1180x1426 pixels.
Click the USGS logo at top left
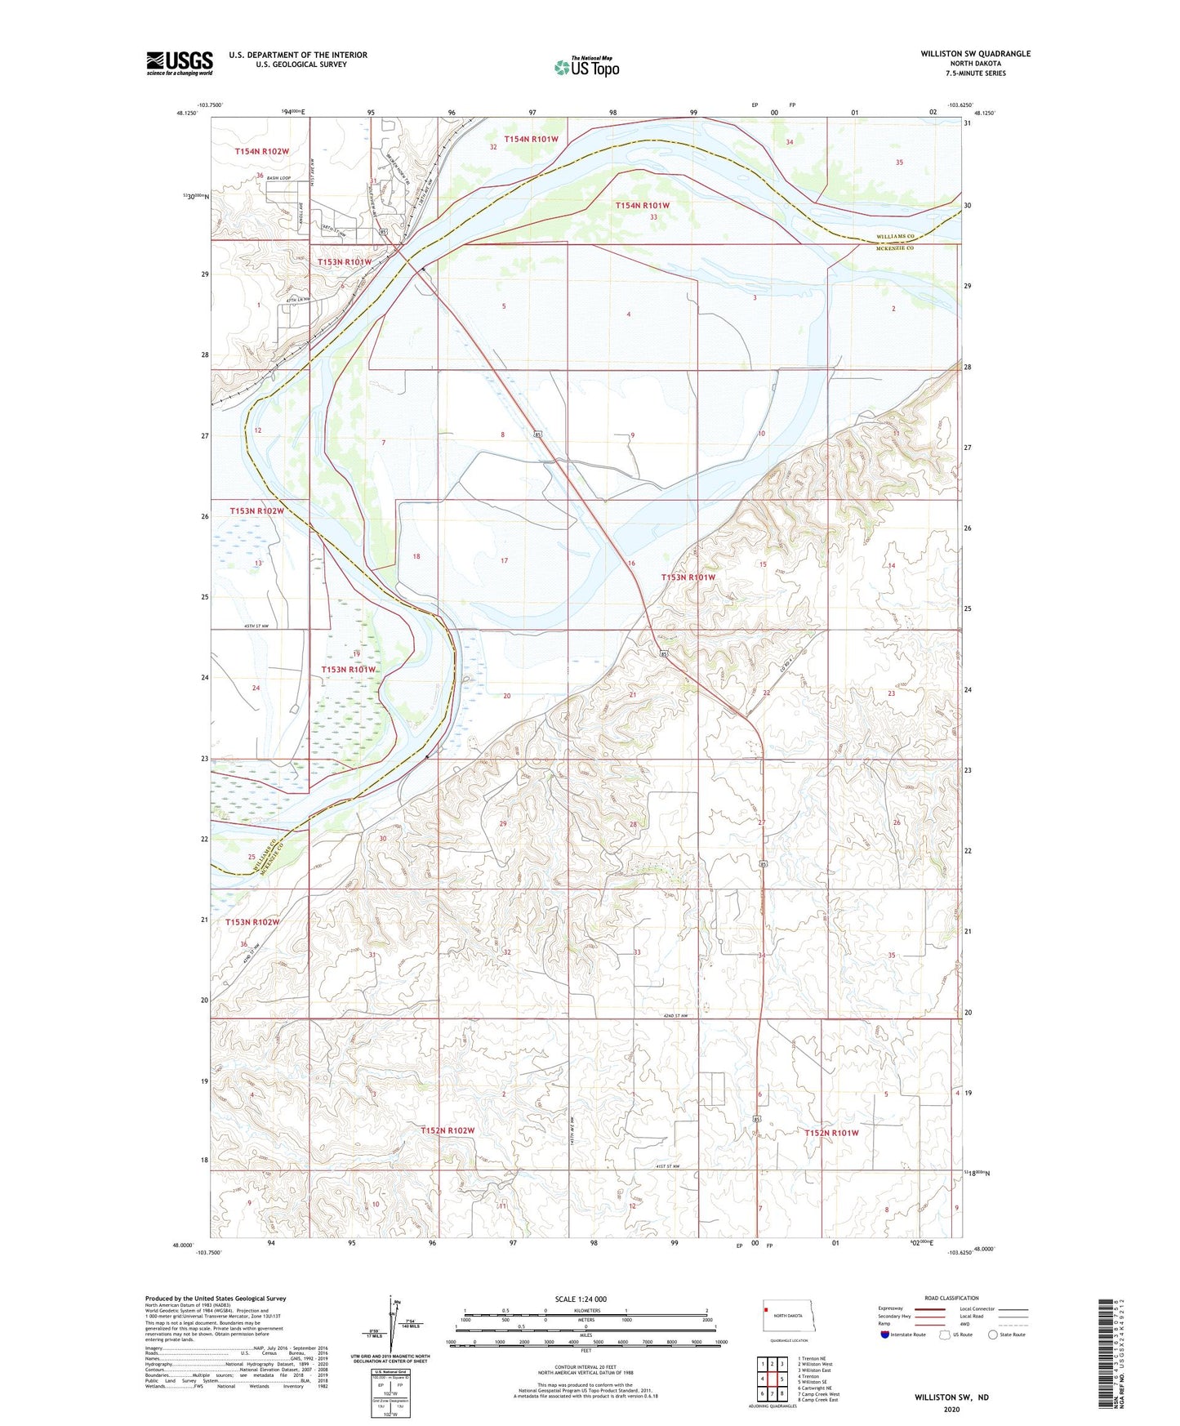179,62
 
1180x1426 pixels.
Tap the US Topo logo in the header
586,67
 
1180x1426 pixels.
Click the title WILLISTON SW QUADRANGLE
975,54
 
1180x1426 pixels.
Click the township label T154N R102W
262,151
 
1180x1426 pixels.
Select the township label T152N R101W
831,1133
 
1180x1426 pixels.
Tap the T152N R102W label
448,1130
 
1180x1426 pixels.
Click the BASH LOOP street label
280,177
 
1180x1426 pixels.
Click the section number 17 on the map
504,561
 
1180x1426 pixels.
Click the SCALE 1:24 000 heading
581,1299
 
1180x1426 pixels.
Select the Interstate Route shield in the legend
886,1335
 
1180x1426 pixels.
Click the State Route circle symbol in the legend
993,1335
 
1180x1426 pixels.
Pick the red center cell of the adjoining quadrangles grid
772,1378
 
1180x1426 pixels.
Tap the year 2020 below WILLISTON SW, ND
951,1409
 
